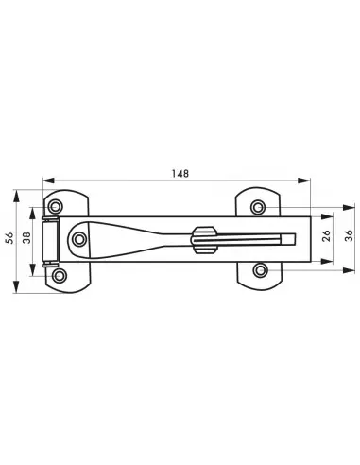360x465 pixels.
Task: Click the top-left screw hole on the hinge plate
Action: point(58,207)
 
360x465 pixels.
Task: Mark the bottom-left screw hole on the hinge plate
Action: point(60,275)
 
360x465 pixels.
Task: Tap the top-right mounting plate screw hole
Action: point(258,207)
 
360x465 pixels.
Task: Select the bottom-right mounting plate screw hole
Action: point(258,272)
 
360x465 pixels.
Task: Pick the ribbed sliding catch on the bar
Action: point(201,240)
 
